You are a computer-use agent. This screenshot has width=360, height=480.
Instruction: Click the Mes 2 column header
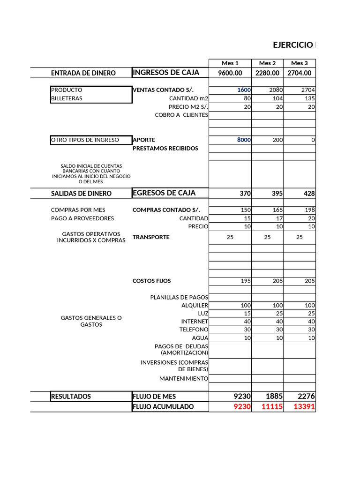[267, 63]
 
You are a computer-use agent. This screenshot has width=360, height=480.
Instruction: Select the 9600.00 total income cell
[230, 73]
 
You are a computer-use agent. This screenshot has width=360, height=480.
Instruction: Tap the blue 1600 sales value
[244, 90]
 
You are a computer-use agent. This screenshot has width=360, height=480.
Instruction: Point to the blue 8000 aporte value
[244, 140]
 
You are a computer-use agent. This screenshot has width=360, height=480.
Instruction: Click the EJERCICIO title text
[292, 45]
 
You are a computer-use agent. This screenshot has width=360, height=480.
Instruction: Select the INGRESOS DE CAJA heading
[166, 73]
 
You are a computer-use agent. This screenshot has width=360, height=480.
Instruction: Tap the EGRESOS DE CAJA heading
[164, 193]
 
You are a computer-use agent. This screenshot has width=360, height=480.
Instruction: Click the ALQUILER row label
[195, 305]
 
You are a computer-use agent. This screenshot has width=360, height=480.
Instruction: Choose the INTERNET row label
[195, 322]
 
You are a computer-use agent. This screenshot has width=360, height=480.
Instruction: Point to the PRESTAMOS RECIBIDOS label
[165, 148]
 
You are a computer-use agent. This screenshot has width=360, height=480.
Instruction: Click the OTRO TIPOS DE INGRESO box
[85, 140]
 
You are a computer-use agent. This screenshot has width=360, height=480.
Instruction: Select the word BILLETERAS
[67, 98]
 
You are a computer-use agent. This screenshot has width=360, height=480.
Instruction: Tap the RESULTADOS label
[71, 397]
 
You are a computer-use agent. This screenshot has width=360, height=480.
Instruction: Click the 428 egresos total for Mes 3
[308, 194]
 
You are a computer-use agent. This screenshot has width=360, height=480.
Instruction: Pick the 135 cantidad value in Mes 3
[310, 98]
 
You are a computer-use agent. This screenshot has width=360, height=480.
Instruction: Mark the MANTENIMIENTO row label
[183, 378]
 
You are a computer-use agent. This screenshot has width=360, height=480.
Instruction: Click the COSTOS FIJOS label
[152, 281]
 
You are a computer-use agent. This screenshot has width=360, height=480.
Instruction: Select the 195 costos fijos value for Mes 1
[245, 281]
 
